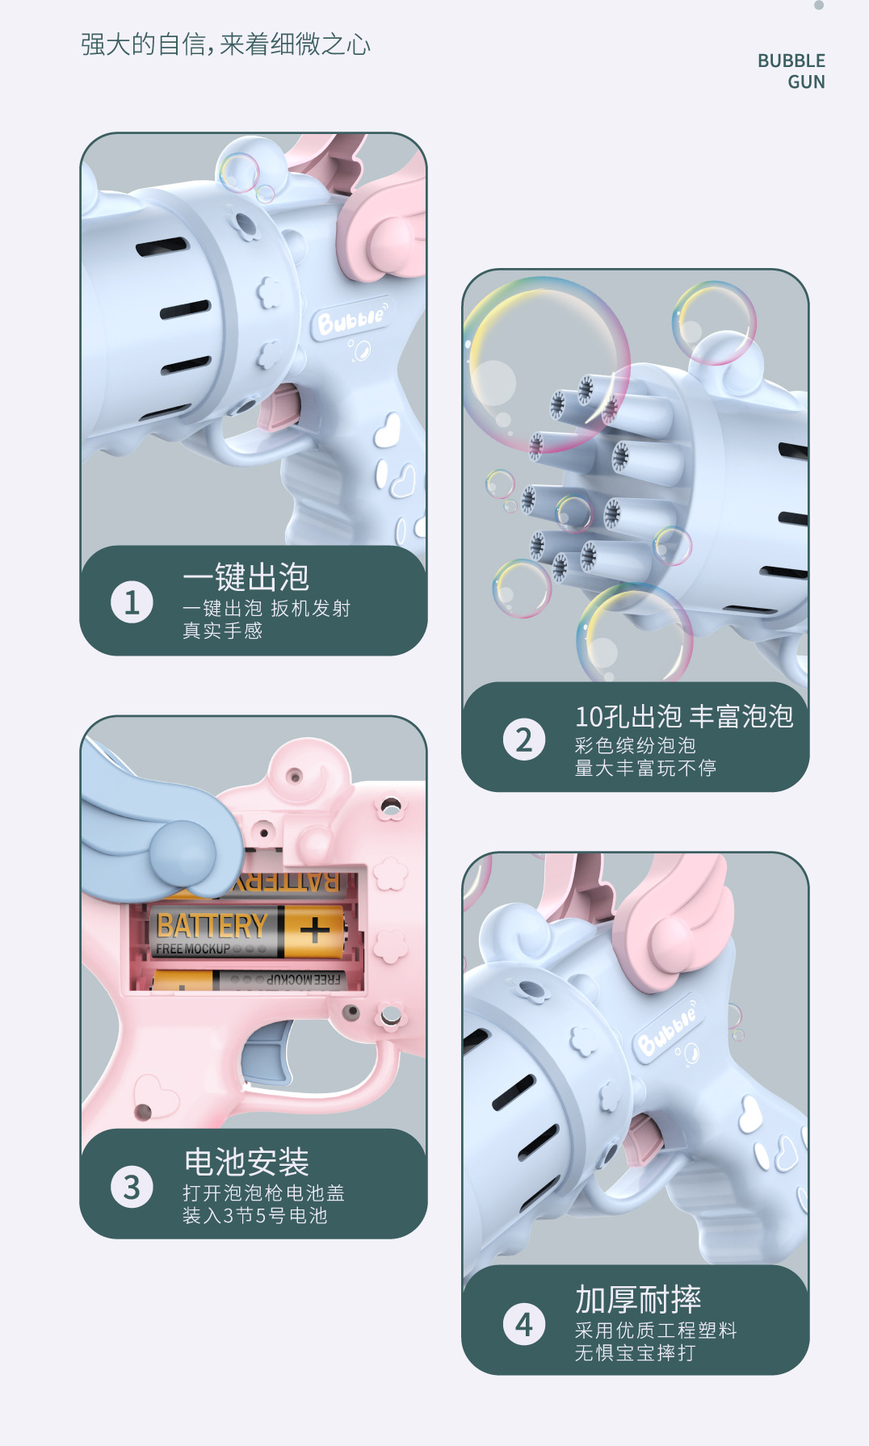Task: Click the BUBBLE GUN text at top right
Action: pos(791,71)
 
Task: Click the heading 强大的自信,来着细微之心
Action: pos(225,44)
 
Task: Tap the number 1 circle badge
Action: pos(132,602)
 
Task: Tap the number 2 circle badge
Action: pos(523,740)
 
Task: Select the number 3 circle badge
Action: pos(132,1187)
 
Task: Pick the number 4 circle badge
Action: pos(523,1324)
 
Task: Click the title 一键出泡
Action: pos(246,577)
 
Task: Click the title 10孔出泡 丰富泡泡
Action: pos(683,716)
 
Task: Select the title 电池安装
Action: pos(246,1162)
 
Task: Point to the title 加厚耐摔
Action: pos(638,1299)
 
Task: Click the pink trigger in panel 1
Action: pos(279,408)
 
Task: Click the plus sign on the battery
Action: pos(315,931)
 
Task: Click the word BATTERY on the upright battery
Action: pos(212,925)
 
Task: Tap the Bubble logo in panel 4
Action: pos(665,1029)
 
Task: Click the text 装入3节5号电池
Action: pos(254,1215)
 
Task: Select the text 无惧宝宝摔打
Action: pos(635,1352)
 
